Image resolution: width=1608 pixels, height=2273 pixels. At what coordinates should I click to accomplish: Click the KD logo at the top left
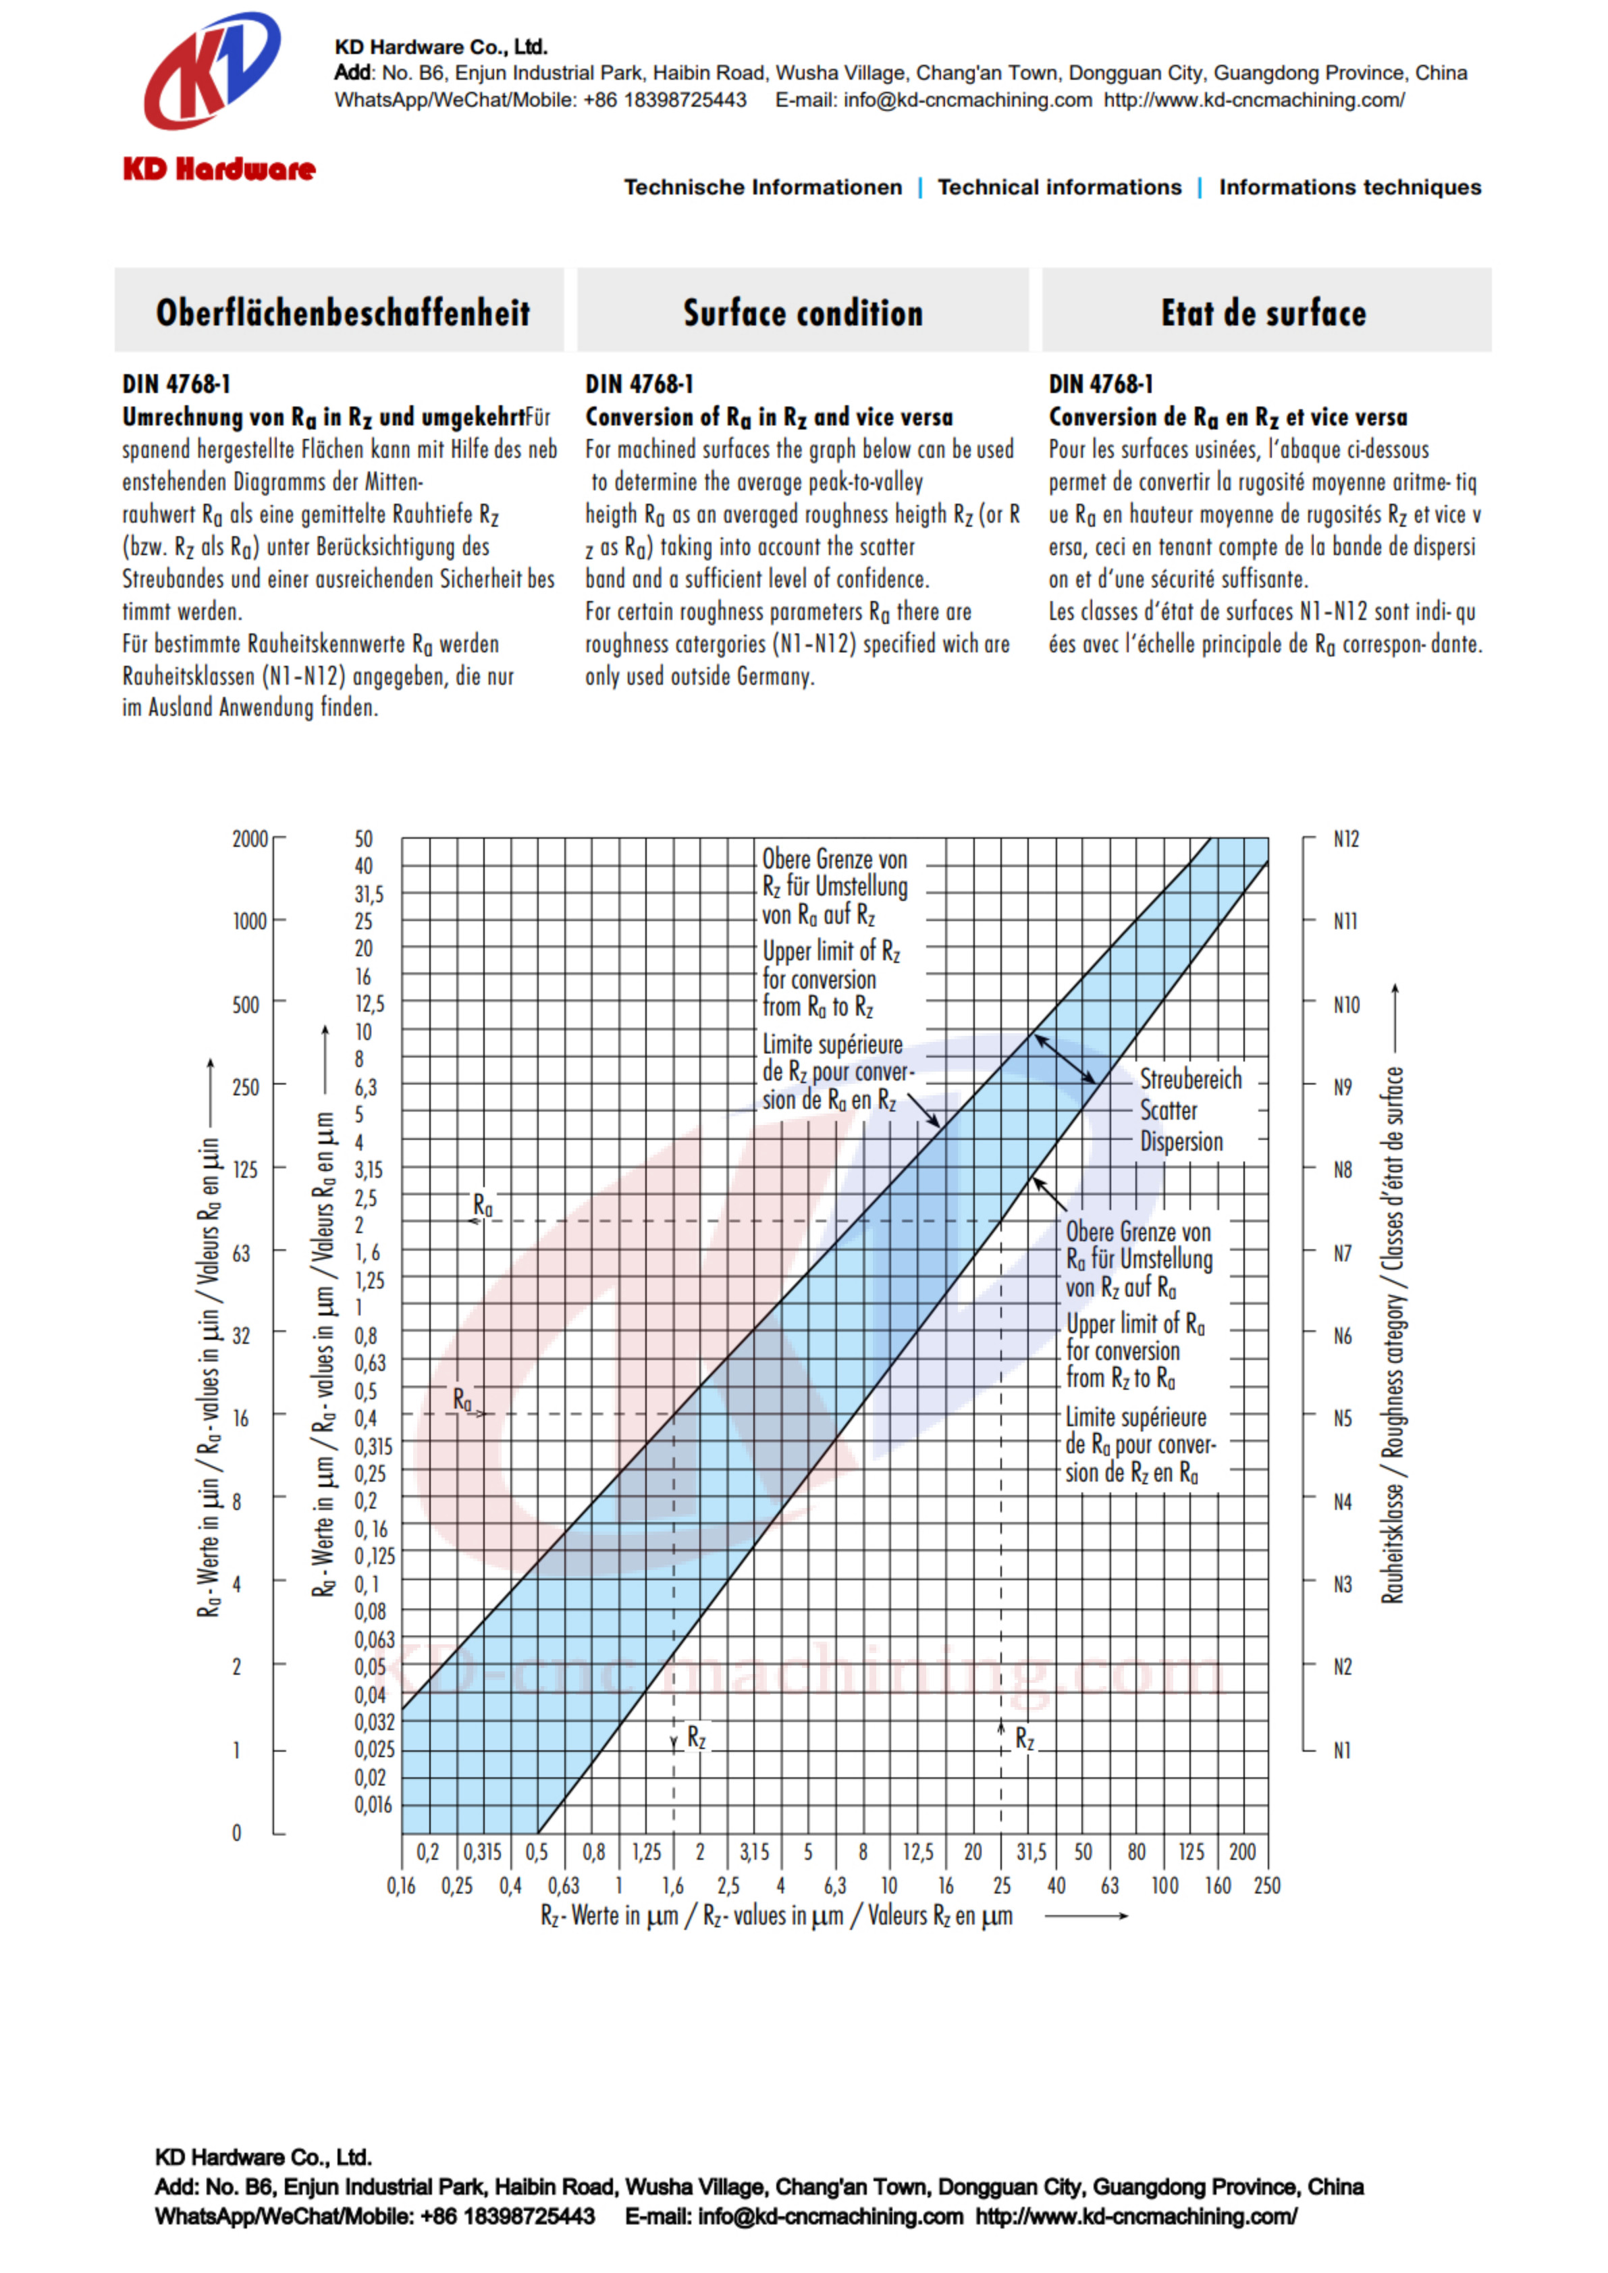click(212, 72)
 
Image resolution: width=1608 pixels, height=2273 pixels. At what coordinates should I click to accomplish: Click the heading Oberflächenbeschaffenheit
click(342, 313)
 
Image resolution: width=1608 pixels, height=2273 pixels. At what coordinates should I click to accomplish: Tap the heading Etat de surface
click(1264, 313)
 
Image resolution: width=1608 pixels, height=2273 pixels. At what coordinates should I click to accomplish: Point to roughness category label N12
click(1345, 839)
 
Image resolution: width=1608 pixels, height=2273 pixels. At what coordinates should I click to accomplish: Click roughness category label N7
click(1343, 1253)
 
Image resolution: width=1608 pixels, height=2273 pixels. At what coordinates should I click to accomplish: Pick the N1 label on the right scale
click(1341, 1750)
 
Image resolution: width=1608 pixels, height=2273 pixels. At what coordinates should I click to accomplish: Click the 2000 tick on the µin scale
click(250, 839)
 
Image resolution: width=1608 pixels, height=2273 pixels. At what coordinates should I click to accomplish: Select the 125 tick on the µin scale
click(244, 1170)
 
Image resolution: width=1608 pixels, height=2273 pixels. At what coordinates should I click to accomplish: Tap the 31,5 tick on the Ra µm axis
click(369, 894)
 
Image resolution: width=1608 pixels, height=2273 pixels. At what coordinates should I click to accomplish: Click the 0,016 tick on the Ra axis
click(373, 1804)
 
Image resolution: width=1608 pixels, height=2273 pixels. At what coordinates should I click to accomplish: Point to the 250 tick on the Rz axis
click(1266, 1885)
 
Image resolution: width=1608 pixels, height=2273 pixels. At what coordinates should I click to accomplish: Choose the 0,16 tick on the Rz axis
click(401, 1885)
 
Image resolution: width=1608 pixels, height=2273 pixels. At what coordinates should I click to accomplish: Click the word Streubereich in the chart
click(1190, 1078)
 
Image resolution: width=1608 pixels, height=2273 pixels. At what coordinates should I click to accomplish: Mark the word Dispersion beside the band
click(1181, 1142)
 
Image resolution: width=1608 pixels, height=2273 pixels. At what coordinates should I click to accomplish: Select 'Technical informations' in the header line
click(1059, 187)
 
